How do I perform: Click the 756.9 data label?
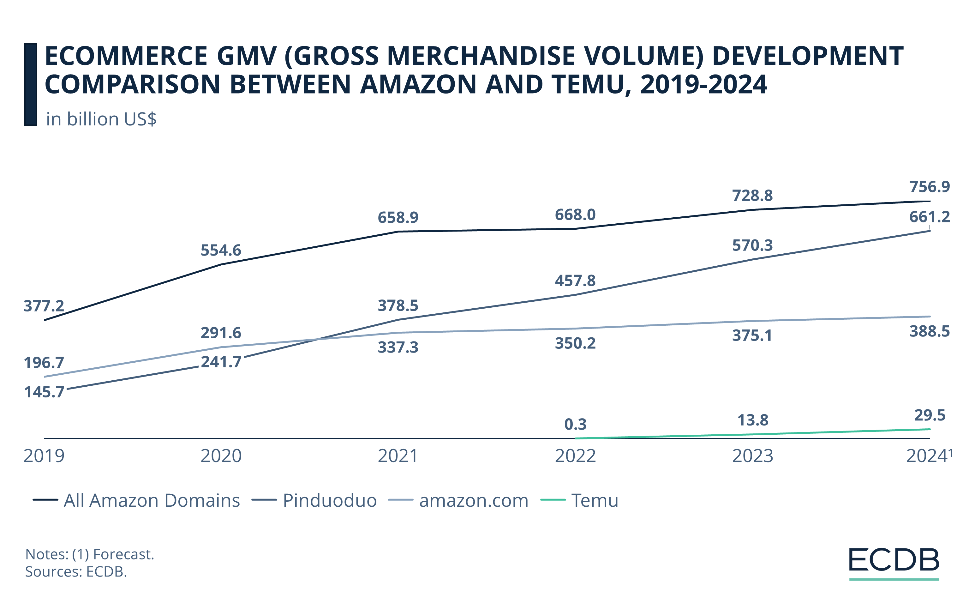click(929, 187)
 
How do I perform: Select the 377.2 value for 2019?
click(44, 306)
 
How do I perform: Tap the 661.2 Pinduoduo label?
click(929, 217)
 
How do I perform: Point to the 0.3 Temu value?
click(575, 425)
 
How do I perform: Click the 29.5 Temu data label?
click(930, 415)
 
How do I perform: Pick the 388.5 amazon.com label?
click(929, 332)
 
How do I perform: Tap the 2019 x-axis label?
click(44, 456)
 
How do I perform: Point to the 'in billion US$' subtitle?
click(101, 119)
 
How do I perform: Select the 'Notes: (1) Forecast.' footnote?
click(89, 554)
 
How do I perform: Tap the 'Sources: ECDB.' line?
click(76, 571)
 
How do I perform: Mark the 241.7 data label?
click(221, 362)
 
